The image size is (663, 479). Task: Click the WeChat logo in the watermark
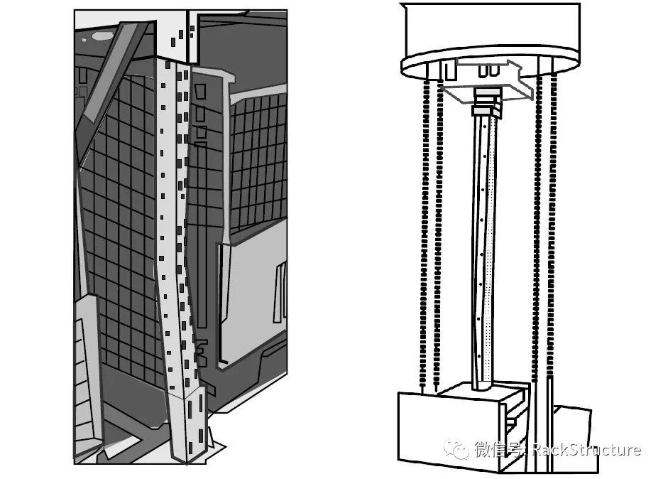456,449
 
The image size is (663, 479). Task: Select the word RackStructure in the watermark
587,449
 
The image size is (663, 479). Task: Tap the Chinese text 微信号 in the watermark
496,449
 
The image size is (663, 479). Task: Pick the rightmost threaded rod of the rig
552,229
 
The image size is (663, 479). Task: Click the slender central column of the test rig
483,249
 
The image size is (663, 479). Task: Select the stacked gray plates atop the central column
487,102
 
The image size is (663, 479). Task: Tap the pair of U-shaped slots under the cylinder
488,71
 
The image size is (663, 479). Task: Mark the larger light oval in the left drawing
102,36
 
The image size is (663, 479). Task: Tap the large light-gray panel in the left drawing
253,296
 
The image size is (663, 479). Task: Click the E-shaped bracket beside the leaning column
202,352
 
